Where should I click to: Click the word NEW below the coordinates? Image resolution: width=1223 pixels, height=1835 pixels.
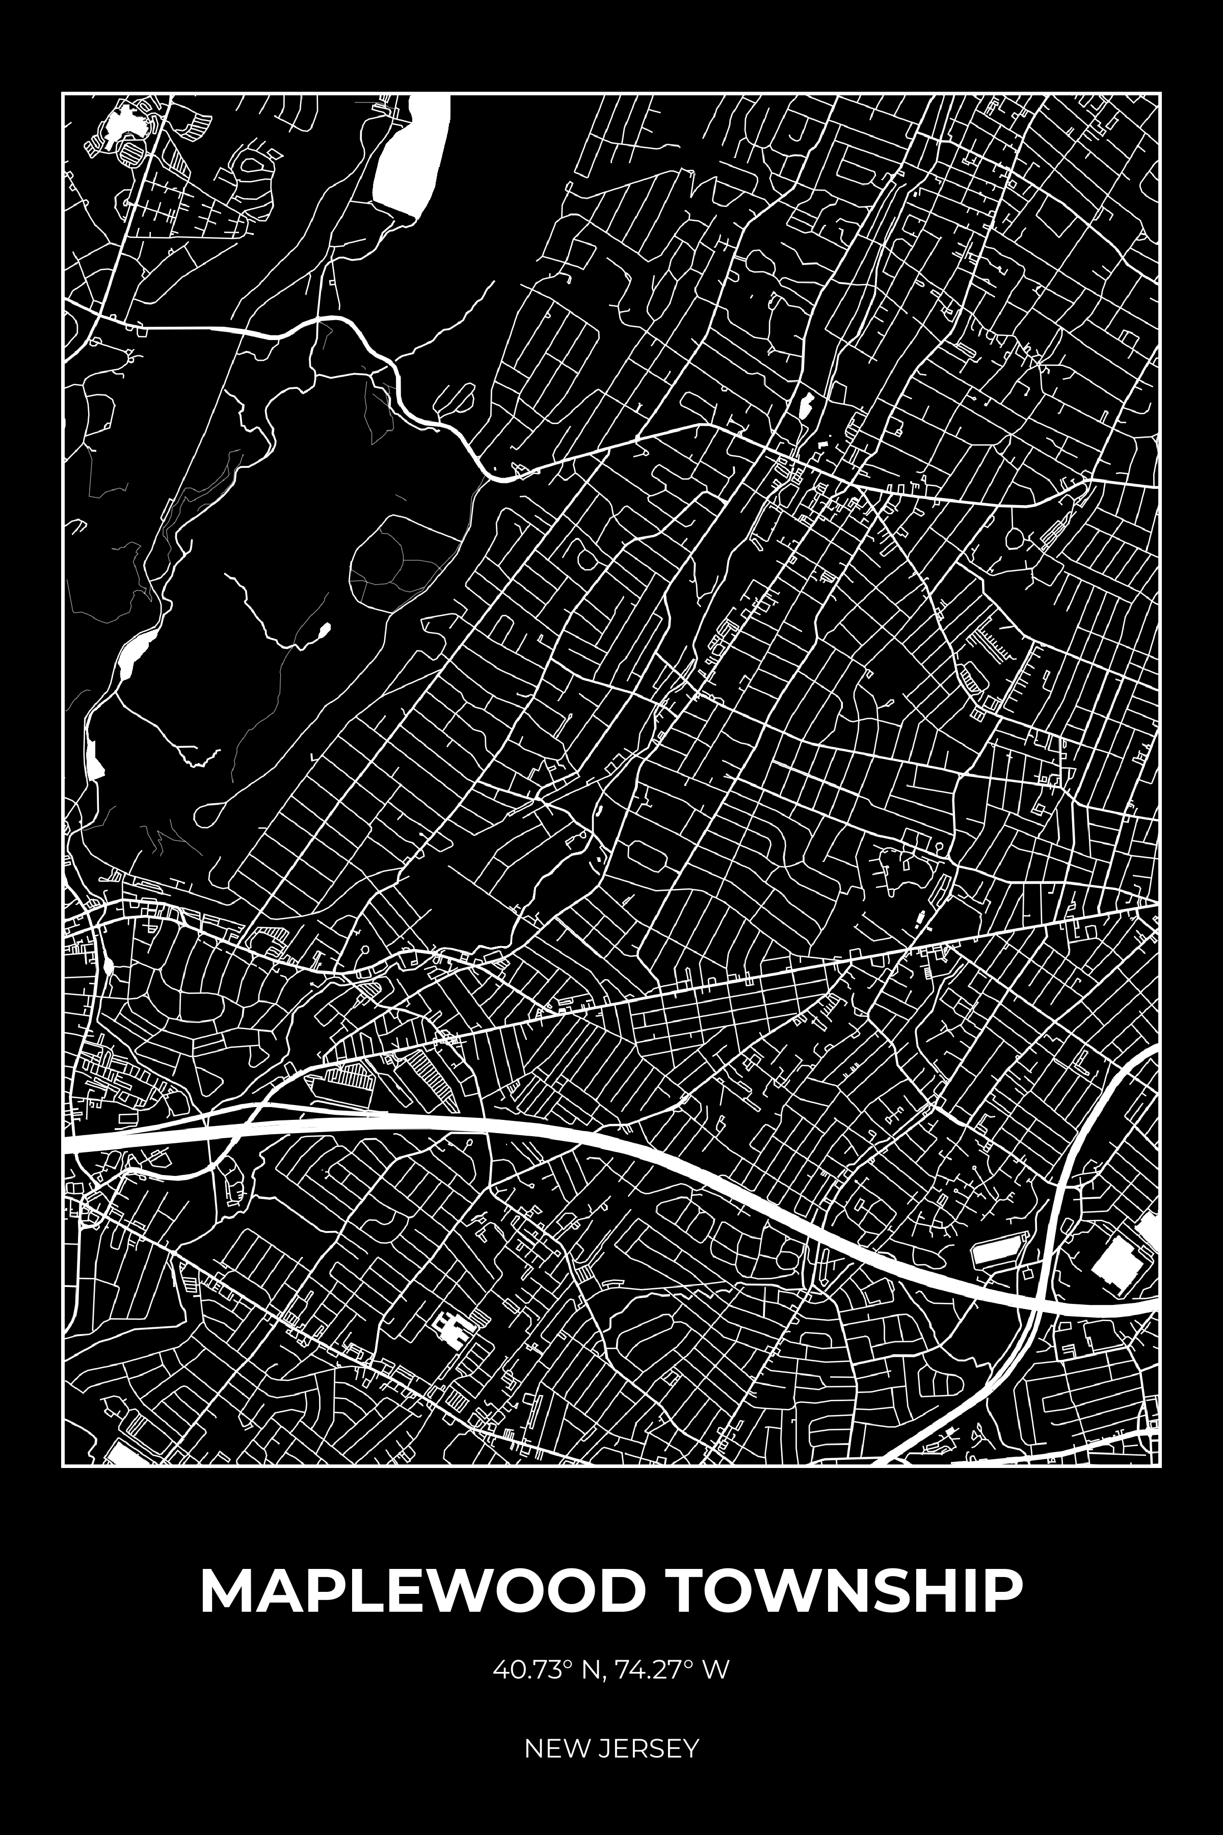point(556,1726)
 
